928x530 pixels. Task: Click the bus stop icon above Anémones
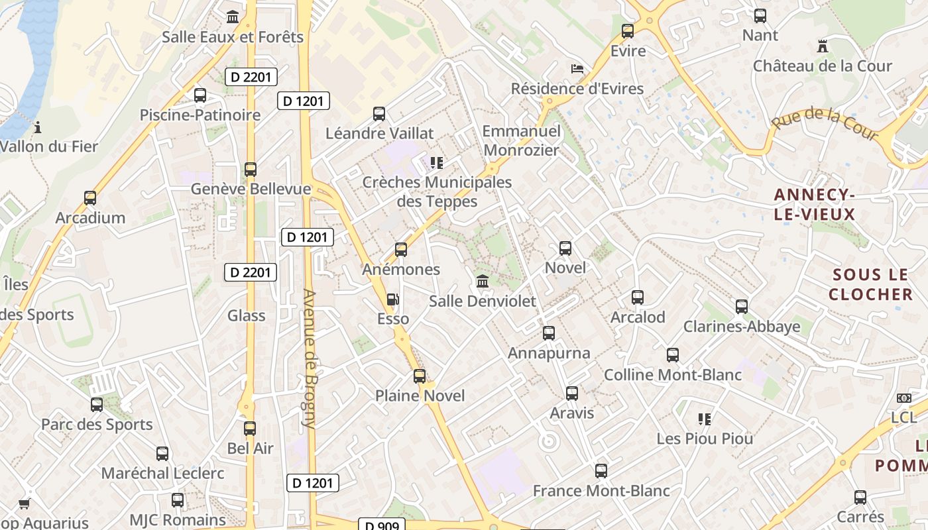coord(400,250)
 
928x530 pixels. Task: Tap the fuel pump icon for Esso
coord(393,299)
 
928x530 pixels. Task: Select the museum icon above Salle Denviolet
coord(483,281)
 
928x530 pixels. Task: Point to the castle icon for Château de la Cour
coord(823,46)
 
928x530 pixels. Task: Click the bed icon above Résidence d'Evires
coord(577,69)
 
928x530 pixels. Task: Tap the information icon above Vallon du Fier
coord(38,127)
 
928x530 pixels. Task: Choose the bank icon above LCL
coord(903,398)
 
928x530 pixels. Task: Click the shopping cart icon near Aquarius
coord(25,504)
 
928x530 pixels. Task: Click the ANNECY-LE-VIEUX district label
coord(815,204)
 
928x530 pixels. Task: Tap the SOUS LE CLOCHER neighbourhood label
coord(870,284)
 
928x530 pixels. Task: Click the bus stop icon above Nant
coord(760,16)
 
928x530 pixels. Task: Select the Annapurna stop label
coord(549,353)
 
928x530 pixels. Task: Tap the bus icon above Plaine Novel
coord(420,376)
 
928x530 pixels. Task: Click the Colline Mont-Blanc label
coord(672,375)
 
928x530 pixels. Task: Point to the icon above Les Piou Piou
coord(705,419)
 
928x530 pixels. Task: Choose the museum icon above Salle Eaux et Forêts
coord(233,17)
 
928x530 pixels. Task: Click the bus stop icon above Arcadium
coord(90,198)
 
